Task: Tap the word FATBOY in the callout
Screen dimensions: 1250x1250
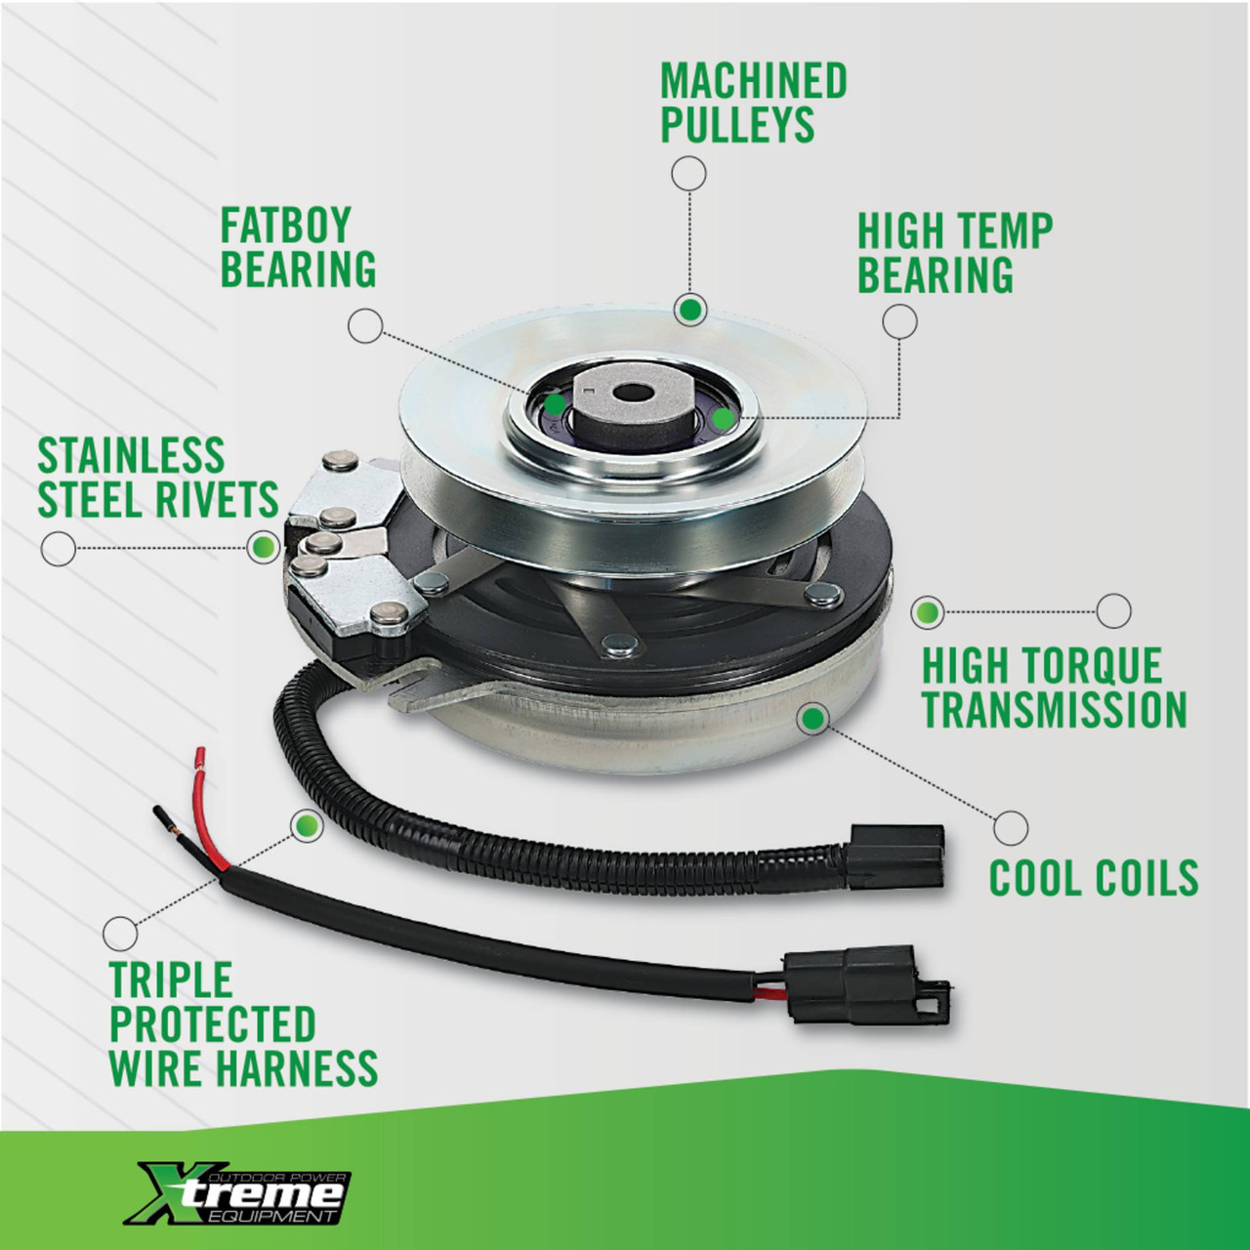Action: pos(285,225)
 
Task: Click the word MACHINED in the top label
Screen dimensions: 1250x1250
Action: pos(754,80)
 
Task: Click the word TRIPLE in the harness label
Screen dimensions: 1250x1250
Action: pos(171,979)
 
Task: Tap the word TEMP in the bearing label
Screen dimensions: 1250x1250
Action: pos(1004,230)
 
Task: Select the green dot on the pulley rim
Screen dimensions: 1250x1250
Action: pos(689,311)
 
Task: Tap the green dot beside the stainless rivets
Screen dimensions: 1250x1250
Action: pos(264,548)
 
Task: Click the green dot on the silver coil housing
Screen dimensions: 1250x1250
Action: pos(813,718)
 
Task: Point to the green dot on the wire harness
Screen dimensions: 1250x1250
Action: pos(307,826)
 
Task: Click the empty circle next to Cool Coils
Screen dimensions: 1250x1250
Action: pos(1011,828)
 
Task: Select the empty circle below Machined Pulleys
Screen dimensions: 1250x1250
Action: pos(688,173)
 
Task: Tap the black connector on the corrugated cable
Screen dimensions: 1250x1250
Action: pos(895,856)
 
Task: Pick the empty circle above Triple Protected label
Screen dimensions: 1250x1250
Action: pos(120,935)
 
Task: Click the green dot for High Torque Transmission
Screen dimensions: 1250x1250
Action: pos(928,610)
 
